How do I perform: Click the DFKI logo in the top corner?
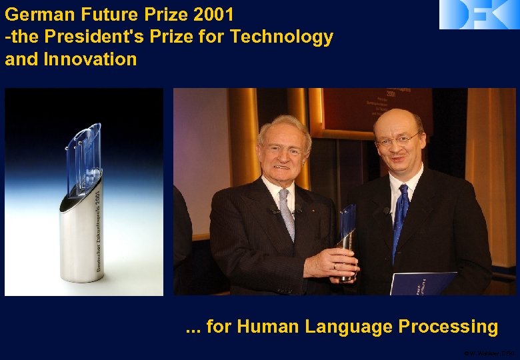pyautogui.click(x=479, y=14)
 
